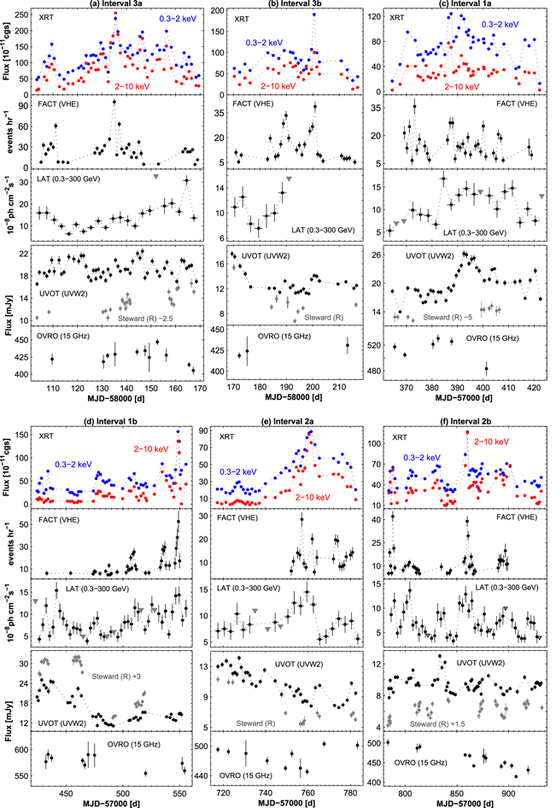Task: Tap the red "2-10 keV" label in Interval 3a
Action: pos(132,86)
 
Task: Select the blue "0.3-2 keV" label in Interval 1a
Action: pos(500,24)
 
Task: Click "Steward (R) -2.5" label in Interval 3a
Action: pos(145,319)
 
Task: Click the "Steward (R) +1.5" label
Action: pos(437,724)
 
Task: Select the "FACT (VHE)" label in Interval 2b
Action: pos(517,517)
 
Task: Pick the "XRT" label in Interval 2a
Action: pos(226,436)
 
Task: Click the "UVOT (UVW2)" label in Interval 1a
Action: pos(430,255)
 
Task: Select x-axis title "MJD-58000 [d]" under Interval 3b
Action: pos(289,397)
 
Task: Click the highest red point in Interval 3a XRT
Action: pos(115,14)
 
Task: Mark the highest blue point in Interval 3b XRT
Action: pos(314,15)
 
